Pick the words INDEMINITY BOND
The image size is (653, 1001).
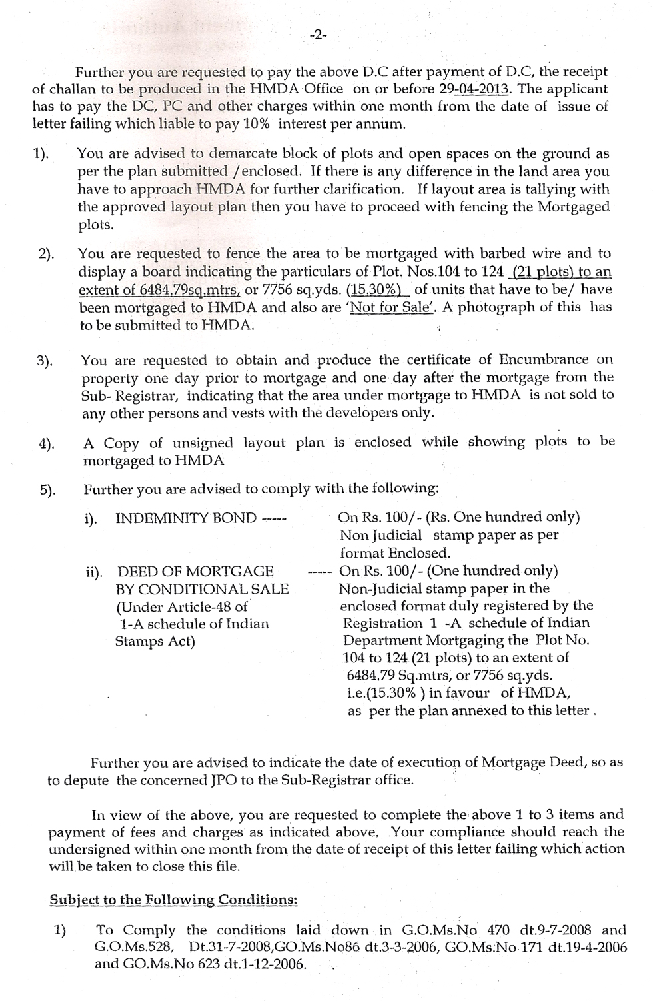pos(186,518)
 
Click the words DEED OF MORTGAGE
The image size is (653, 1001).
pos(195,571)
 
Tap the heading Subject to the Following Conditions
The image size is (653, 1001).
pos(173,899)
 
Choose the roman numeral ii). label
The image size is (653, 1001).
pos(95,572)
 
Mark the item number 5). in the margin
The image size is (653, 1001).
pos(47,490)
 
